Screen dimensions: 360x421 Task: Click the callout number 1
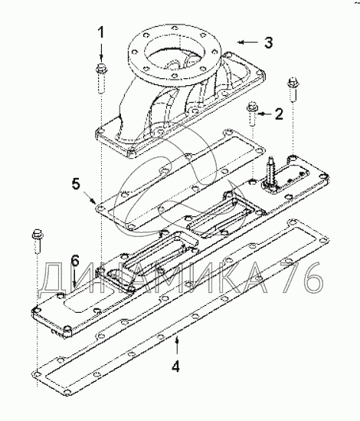[x=101, y=32]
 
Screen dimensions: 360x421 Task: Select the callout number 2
[x=279, y=114]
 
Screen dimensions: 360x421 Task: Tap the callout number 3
[x=269, y=43]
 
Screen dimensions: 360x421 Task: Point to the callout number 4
[x=175, y=366]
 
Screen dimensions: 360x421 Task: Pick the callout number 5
[x=76, y=185]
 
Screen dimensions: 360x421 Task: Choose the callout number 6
[x=75, y=261]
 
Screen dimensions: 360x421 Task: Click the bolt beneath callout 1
[x=101, y=79]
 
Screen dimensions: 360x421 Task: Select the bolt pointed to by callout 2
[x=252, y=113]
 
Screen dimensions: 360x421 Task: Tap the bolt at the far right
[x=292, y=90]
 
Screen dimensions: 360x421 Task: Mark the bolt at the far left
[x=37, y=241]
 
